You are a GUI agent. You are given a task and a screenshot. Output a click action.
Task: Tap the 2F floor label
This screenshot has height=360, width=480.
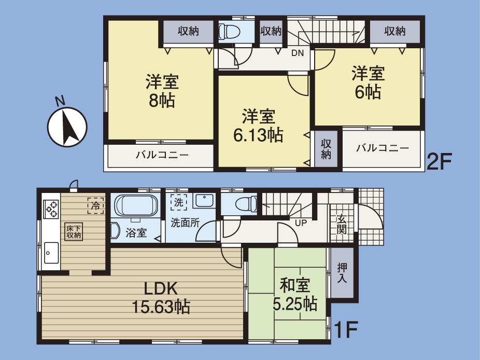point(439,162)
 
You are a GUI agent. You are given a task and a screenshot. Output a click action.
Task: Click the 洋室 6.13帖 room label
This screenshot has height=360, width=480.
point(258,126)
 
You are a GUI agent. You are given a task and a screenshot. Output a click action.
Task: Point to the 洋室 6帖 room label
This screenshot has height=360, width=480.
point(368,83)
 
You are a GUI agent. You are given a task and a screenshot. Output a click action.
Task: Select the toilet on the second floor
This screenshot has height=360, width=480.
point(229,32)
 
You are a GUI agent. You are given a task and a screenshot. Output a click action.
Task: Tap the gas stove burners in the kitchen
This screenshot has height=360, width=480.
point(51,209)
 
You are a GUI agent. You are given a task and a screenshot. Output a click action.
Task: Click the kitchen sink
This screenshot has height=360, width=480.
point(51,253)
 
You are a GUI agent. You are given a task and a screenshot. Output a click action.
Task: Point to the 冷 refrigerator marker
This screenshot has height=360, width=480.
point(95,205)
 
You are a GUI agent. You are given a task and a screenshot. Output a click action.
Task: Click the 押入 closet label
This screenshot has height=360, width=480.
point(343,273)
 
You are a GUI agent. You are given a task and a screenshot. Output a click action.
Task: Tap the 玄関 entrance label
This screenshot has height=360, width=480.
point(342,224)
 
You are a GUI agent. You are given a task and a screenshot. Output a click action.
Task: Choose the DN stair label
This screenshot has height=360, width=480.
point(297,52)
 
